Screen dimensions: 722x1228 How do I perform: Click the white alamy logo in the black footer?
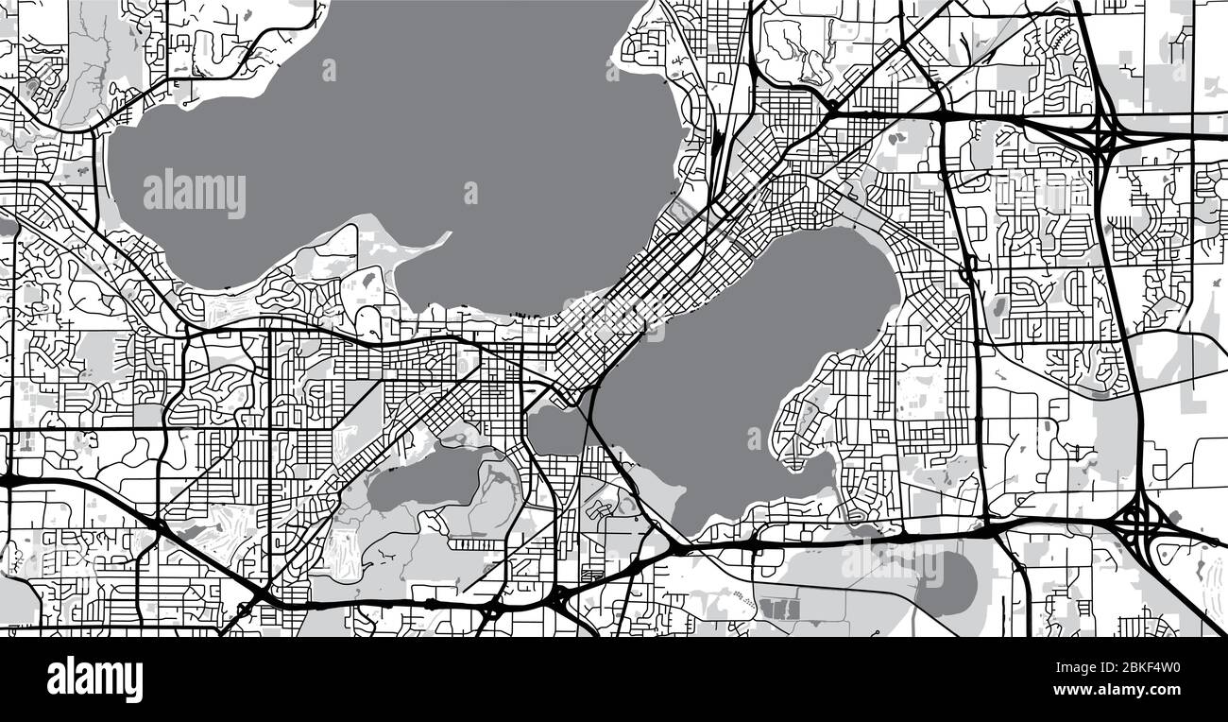pyautogui.click(x=94, y=679)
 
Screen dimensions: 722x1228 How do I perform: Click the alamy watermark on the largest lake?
pyautogui.click(x=195, y=193)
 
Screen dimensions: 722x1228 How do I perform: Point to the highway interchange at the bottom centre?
pyautogui.click(x=559, y=598)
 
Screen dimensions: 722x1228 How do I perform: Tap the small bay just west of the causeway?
pyautogui.click(x=557, y=430)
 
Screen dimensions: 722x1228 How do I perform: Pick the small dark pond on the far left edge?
pyautogui.click(x=8, y=228)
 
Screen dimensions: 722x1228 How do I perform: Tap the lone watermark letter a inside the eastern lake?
pyautogui.click(x=754, y=439)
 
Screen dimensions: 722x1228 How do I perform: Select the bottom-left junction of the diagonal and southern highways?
pyautogui.click(x=257, y=593)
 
